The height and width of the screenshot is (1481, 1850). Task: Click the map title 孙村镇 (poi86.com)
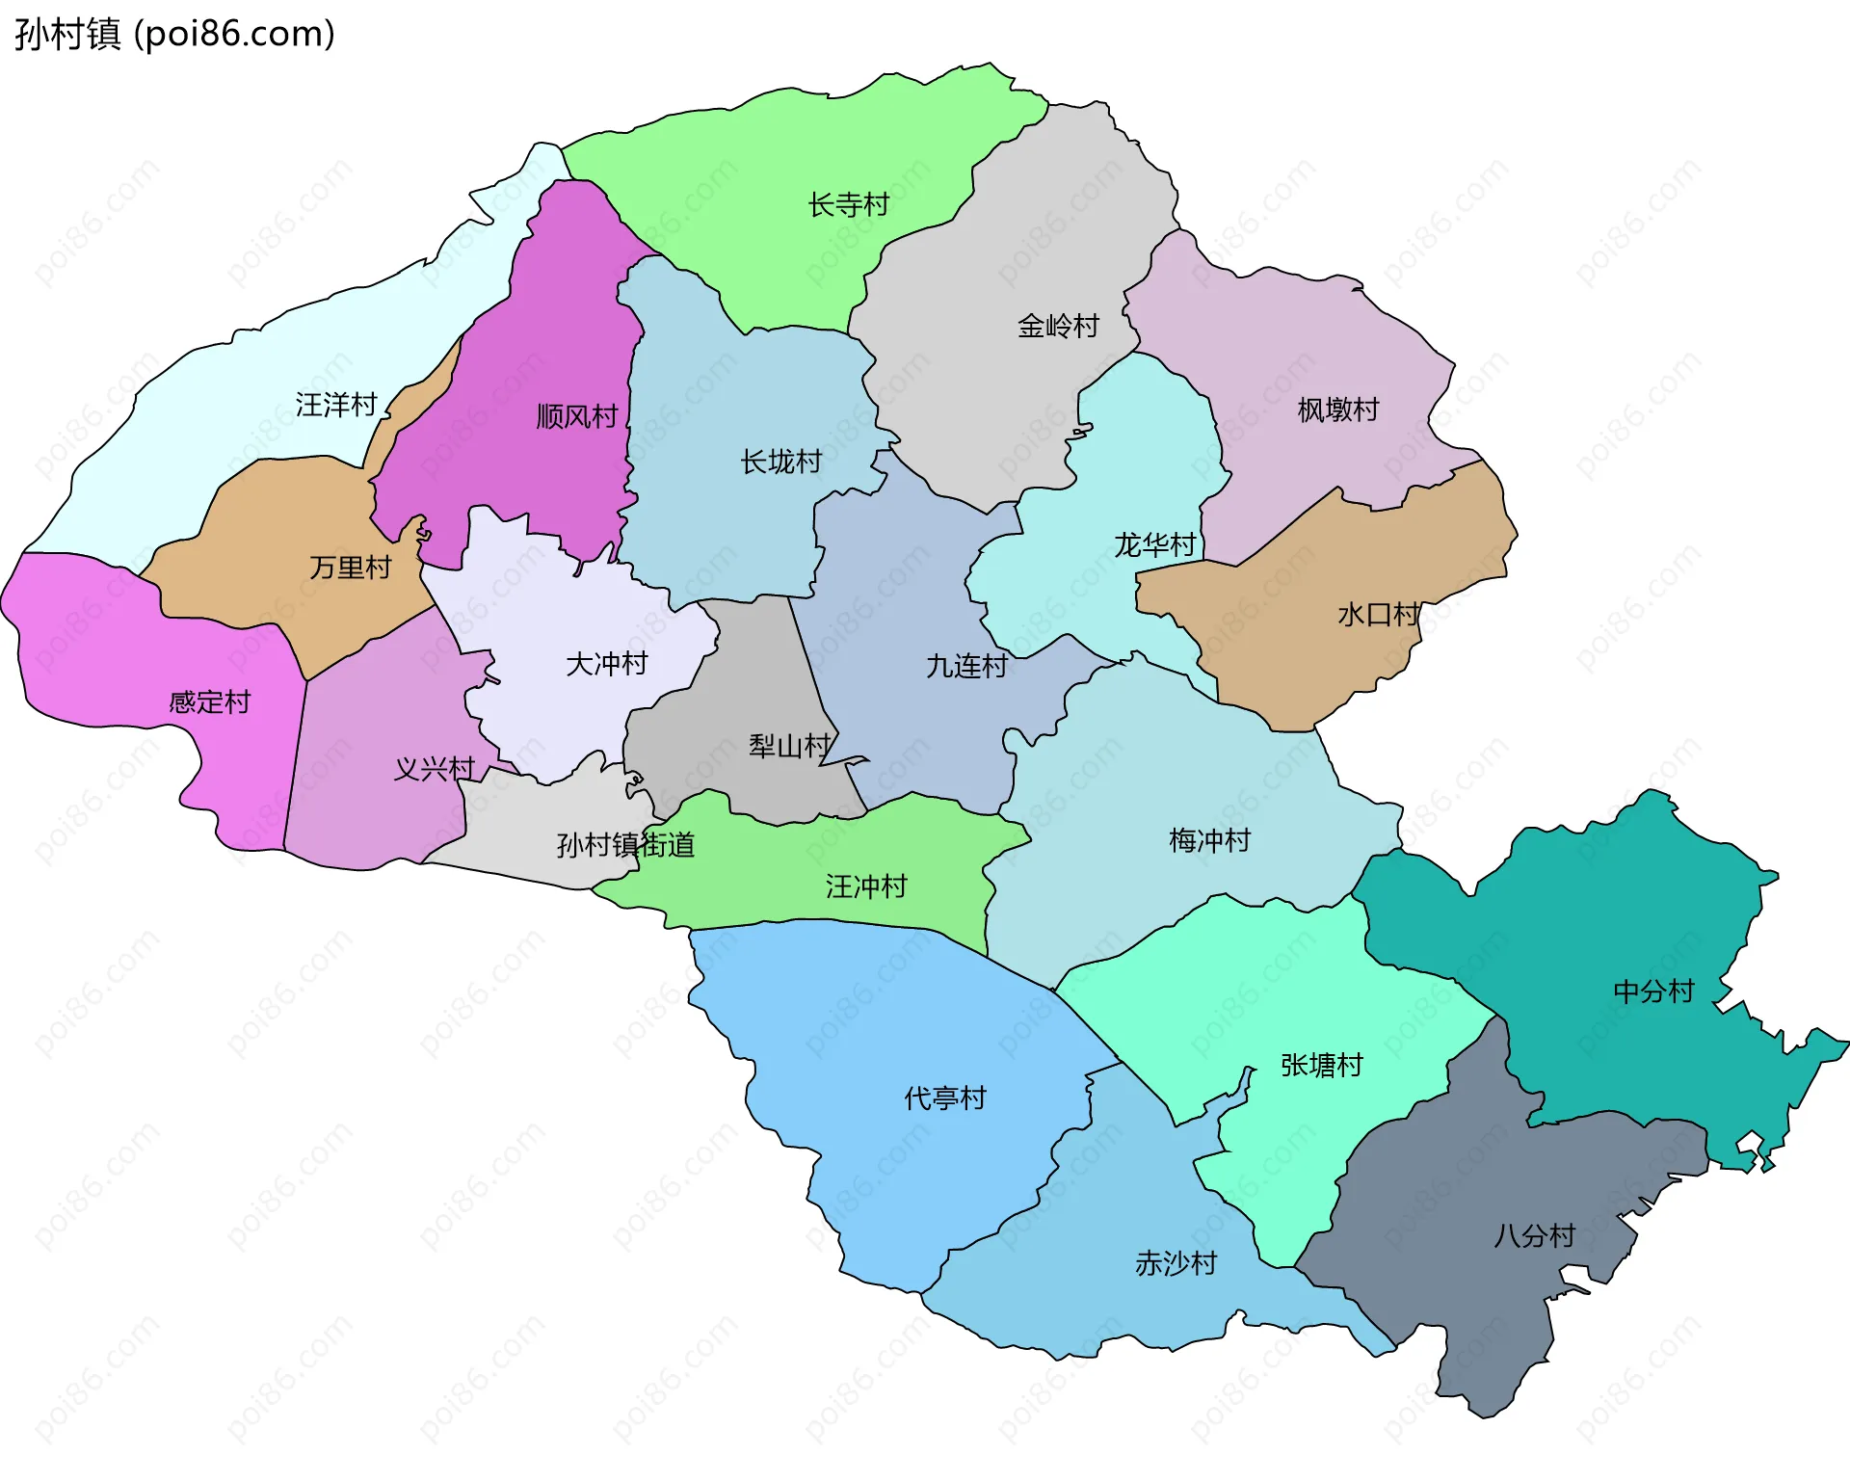[x=174, y=35]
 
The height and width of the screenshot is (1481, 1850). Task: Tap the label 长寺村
[x=848, y=205]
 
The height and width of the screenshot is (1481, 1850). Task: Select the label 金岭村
[x=1058, y=327]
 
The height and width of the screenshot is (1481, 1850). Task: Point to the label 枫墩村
[x=1337, y=410]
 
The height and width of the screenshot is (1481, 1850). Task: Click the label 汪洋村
[x=335, y=405]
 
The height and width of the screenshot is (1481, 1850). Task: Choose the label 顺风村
[x=576, y=417]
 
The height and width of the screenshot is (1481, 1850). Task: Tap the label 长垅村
[x=780, y=463]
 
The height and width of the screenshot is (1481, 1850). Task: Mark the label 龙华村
[x=1154, y=545]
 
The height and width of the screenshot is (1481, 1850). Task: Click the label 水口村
[x=1378, y=615]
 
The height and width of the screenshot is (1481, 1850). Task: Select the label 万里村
[x=350, y=568]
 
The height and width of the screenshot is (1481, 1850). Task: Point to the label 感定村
[x=209, y=701]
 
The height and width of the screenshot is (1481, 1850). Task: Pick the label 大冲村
[x=606, y=664]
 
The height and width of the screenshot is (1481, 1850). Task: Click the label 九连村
[x=966, y=666]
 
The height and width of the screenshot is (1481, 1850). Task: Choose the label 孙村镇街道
[x=625, y=846]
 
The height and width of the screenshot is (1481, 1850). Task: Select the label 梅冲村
[x=1209, y=841]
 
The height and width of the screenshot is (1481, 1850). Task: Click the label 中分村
[x=1653, y=992]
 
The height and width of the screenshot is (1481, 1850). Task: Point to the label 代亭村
[x=944, y=1098]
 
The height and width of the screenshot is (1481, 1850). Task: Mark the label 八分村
[x=1534, y=1236]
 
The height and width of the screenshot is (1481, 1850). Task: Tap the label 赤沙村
[x=1176, y=1263]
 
